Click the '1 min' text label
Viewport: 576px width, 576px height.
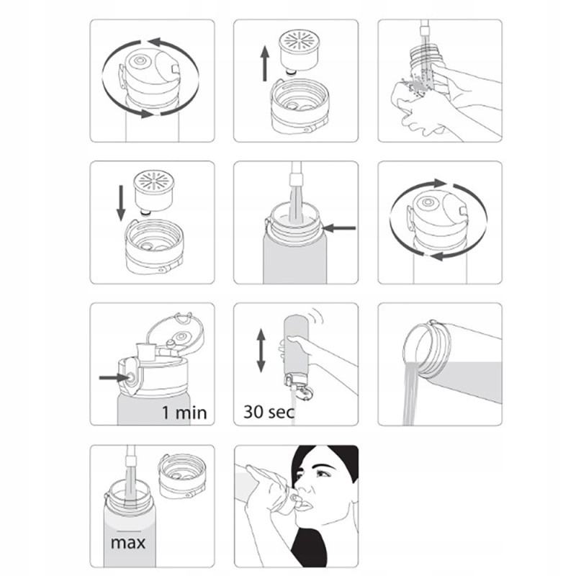184,413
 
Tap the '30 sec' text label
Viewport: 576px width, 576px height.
269,412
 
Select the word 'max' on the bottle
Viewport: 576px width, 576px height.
128,543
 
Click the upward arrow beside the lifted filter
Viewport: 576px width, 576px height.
264,64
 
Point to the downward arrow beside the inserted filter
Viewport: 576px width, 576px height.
121,203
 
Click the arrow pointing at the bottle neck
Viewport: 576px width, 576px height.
340,228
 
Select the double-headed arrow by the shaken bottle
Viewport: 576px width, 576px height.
261,351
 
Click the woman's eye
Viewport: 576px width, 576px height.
322,474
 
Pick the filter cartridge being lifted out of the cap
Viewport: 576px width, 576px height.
298,51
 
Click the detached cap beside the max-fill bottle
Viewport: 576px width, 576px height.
182,477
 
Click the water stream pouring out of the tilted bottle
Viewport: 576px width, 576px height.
411,393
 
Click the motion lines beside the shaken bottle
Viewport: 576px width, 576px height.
316,316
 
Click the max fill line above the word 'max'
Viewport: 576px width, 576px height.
129,531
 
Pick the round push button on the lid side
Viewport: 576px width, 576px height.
130,377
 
